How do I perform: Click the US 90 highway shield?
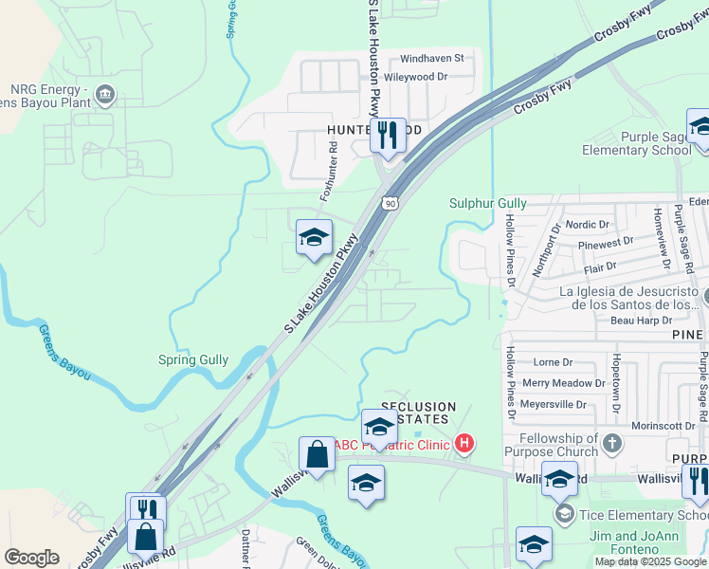390,203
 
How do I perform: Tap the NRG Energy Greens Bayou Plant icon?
105,93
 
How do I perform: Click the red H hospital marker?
464,442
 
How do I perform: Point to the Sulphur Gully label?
486,203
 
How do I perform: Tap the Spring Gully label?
193,360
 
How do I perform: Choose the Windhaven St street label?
431,58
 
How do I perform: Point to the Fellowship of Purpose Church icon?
613,443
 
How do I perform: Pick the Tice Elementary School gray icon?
565,514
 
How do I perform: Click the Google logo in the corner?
30,558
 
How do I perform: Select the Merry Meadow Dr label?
564,383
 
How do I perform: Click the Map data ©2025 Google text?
650,561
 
